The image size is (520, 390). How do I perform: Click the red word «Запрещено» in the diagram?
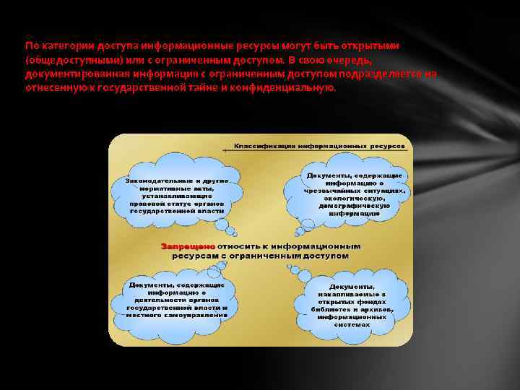[183, 246]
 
